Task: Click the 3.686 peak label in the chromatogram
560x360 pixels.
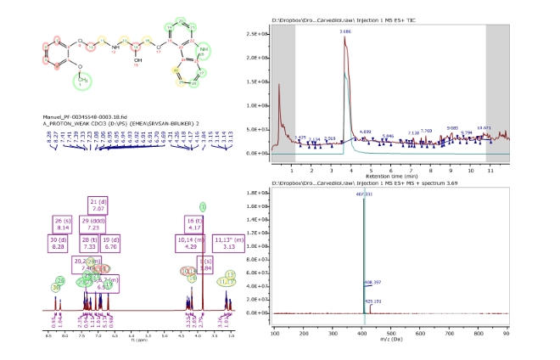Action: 345,31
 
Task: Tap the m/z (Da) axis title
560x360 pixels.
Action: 390,340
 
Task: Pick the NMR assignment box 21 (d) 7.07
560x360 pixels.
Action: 97,204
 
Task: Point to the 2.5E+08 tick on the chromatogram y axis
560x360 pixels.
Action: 257,35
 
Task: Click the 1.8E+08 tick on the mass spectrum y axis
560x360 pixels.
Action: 257,194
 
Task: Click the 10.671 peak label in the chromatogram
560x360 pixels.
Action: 486,127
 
